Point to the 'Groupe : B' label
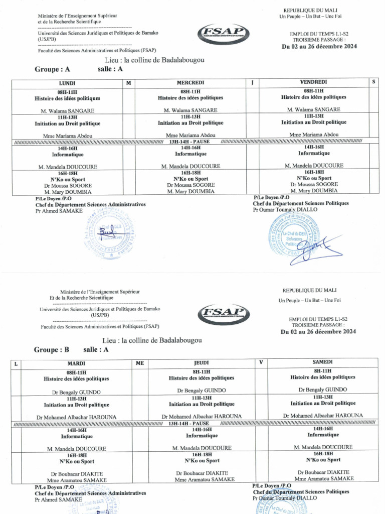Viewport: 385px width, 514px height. pyautogui.click(x=51, y=350)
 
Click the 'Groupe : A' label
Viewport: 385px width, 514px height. pyautogui.click(x=52, y=70)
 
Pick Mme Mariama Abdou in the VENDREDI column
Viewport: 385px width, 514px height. pyautogui.click(x=314, y=135)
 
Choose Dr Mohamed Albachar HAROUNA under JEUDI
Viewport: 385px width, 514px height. pyautogui.click(x=202, y=416)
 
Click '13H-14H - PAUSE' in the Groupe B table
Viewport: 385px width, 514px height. pyautogui.click(x=189, y=423)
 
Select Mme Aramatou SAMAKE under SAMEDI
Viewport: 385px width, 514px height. pyautogui.click(x=323, y=478)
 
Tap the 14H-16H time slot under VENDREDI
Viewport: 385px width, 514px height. pyautogui.click(x=314, y=147)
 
